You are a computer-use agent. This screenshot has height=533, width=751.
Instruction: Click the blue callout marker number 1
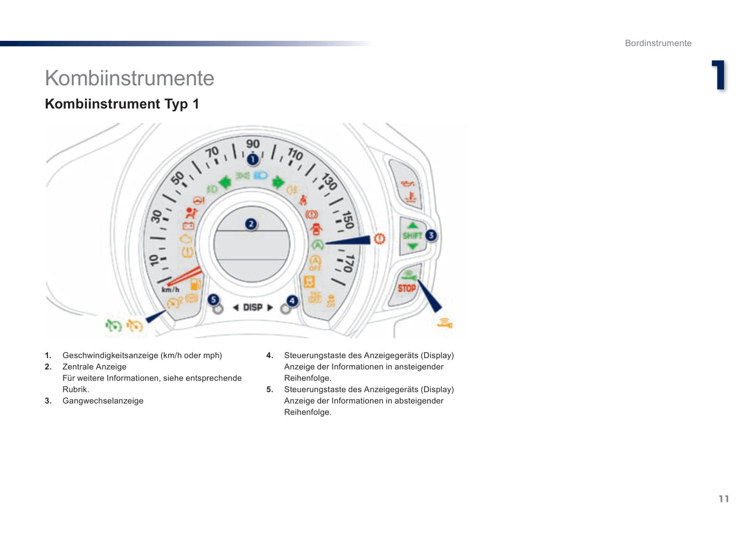click(x=253, y=159)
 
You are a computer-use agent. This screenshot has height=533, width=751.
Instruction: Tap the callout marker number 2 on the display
click(x=251, y=224)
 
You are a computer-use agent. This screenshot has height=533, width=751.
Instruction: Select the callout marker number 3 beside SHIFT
click(x=431, y=235)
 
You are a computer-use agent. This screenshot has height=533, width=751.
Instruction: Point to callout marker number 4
click(x=292, y=301)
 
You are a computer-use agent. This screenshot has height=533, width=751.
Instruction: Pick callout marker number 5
click(x=213, y=300)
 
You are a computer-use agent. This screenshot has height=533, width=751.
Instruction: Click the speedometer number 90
click(x=253, y=144)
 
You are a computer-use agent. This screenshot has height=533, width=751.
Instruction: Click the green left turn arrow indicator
click(x=225, y=182)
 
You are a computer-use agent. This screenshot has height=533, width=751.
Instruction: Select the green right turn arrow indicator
click(x=279, y=182)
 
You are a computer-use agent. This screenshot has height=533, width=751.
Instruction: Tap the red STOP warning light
click(x=406, y=288)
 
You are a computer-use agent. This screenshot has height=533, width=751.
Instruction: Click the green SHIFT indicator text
click(x=412, y=235)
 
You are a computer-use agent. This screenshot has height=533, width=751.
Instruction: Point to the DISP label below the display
click(x=253, y=308)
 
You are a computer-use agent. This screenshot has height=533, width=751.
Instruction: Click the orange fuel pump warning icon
click(x=195, y=284)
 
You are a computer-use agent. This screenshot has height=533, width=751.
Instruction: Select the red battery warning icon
click(x=188, y=226)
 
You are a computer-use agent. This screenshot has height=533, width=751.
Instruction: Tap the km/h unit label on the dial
click(x=170, y=289)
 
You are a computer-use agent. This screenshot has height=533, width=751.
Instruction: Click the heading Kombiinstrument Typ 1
click(x=122, y=104)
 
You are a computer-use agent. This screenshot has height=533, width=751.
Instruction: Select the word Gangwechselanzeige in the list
click(x=103, y=401)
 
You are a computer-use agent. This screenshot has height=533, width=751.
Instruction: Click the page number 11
click(x=723, y=499)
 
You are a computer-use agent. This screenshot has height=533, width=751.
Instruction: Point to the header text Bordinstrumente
click(x=658, y=43)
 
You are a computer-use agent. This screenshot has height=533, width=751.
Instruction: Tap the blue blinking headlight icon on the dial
click(x=260, y=176)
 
